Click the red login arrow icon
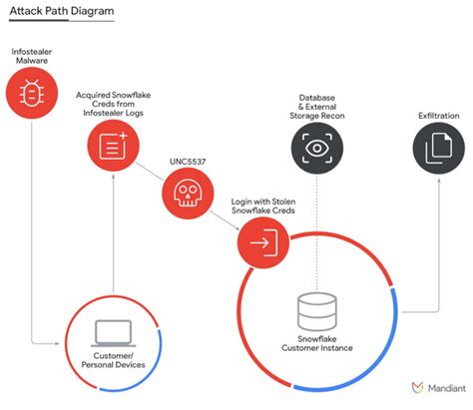tap(263, 240)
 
